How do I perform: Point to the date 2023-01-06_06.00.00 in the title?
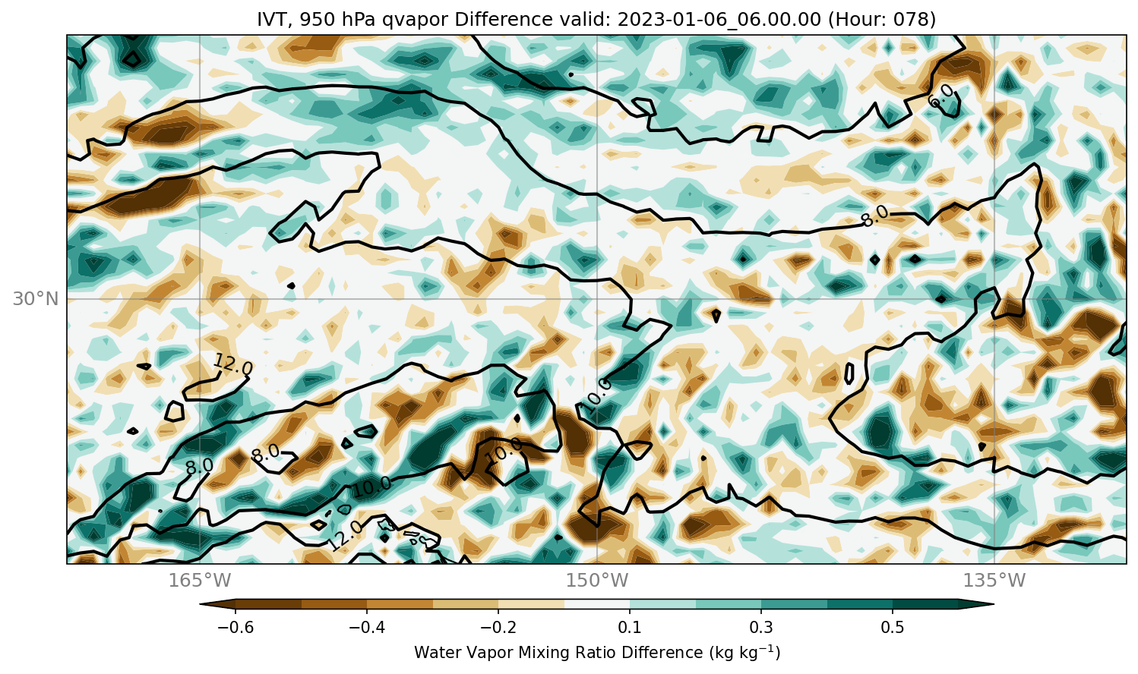[x=719, y=19]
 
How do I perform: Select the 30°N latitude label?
[x=36, y=299]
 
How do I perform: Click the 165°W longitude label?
[x=200, y=580]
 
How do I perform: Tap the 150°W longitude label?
[x=597, y=580]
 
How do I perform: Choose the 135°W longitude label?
[x=994, y=580]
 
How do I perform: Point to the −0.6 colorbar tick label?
[x=236, y=627]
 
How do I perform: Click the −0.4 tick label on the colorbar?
[x=367, y=627]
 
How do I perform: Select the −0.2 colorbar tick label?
[x=498, y=627]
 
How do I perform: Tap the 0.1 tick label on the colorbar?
[x=630, y=627]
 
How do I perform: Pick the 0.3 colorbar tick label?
[x=761, y=627]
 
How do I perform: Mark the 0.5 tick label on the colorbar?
[x=893, y=627]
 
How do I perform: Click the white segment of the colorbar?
[x=597, y=604]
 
